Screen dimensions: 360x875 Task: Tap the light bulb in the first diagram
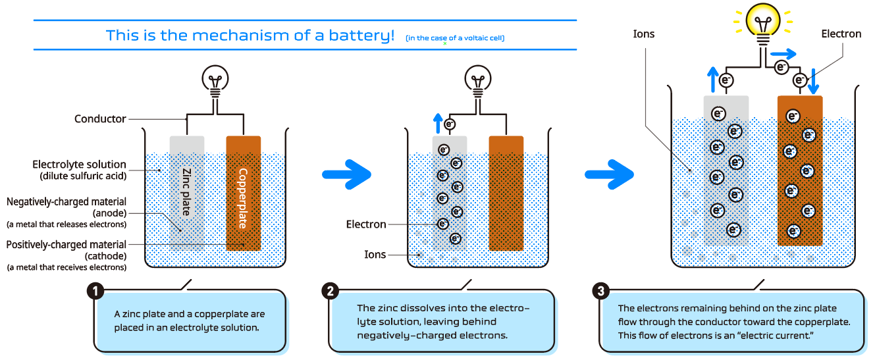[215, 82]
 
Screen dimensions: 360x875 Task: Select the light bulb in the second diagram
[478, 82]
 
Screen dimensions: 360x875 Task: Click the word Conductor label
[100, 119]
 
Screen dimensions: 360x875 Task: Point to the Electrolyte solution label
[79, 165]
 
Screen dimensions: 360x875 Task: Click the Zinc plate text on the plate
[187, 192]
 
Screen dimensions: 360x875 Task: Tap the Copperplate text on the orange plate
[243, 198]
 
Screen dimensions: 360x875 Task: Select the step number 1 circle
[95, 292]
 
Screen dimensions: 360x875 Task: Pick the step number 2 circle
[331, 292]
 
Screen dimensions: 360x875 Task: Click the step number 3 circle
[600, 292]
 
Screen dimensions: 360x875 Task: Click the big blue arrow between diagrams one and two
[348, 174]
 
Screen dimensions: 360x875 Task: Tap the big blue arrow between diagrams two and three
[610, 174]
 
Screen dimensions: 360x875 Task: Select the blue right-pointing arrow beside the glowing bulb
[784, 53]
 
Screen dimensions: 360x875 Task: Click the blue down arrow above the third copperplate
[814, 82]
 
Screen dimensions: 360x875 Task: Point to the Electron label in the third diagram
[841, 34]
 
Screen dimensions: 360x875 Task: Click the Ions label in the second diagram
[375, 255]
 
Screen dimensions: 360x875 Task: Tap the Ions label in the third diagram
[643, 34]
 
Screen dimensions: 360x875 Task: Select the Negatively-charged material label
[66, 201]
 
